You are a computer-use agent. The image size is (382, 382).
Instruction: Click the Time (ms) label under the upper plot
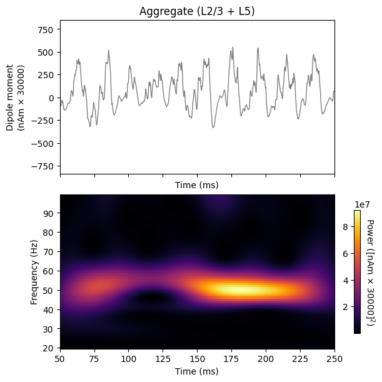point(197,185)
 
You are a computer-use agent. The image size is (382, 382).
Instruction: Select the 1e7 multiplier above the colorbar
point(362,204)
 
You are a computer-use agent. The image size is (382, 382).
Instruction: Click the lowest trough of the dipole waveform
point(213,128)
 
